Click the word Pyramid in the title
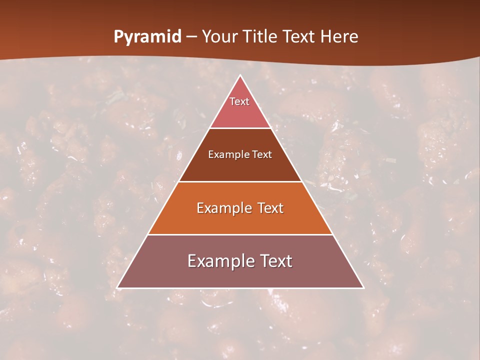coord(147,37)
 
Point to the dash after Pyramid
coord(191,37)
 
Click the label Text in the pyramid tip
coord(239,101)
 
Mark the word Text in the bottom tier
coord(276,261)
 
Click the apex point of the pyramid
coord(240,76)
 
